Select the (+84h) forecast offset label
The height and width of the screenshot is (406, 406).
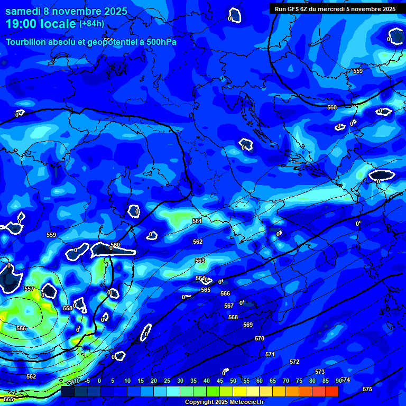[91, 24]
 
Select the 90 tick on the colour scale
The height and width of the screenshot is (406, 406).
[338, 381]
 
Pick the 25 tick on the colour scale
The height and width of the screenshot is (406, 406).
[167, 381]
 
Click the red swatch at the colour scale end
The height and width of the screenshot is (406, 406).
[331, 391]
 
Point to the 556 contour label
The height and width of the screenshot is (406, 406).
[21, 328]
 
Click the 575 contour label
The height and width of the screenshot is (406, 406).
[367, 389]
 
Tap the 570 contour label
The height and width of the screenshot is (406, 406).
[260, 338]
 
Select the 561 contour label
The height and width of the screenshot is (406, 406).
[197, 222]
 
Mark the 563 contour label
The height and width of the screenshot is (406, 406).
[200, 261]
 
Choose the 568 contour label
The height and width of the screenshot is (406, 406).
[233, 317]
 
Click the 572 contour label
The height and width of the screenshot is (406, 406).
[294, 362]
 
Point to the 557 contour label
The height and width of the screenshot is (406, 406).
[29, 289]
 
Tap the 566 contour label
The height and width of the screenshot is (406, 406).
[225, 293]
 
